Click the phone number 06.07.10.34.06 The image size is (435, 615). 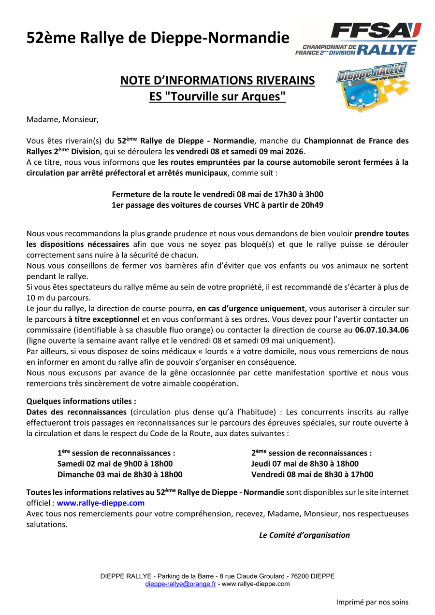click(382, 330)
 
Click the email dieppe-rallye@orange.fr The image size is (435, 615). click(181, 584)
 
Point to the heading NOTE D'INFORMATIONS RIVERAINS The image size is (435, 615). click(217, 80)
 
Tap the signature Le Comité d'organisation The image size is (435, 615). click(304, 535)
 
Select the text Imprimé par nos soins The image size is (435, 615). click(372, 602)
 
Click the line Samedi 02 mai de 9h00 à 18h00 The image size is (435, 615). click(115, 464)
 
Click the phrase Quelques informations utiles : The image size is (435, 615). click(81, 401)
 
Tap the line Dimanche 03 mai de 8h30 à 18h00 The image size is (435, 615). click(120, 474)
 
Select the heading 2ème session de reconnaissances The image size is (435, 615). click(311, 453)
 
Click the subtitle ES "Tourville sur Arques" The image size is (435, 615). click(217, 96)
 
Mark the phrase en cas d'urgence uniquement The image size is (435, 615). click(251, 309)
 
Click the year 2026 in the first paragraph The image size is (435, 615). click(294, 151)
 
